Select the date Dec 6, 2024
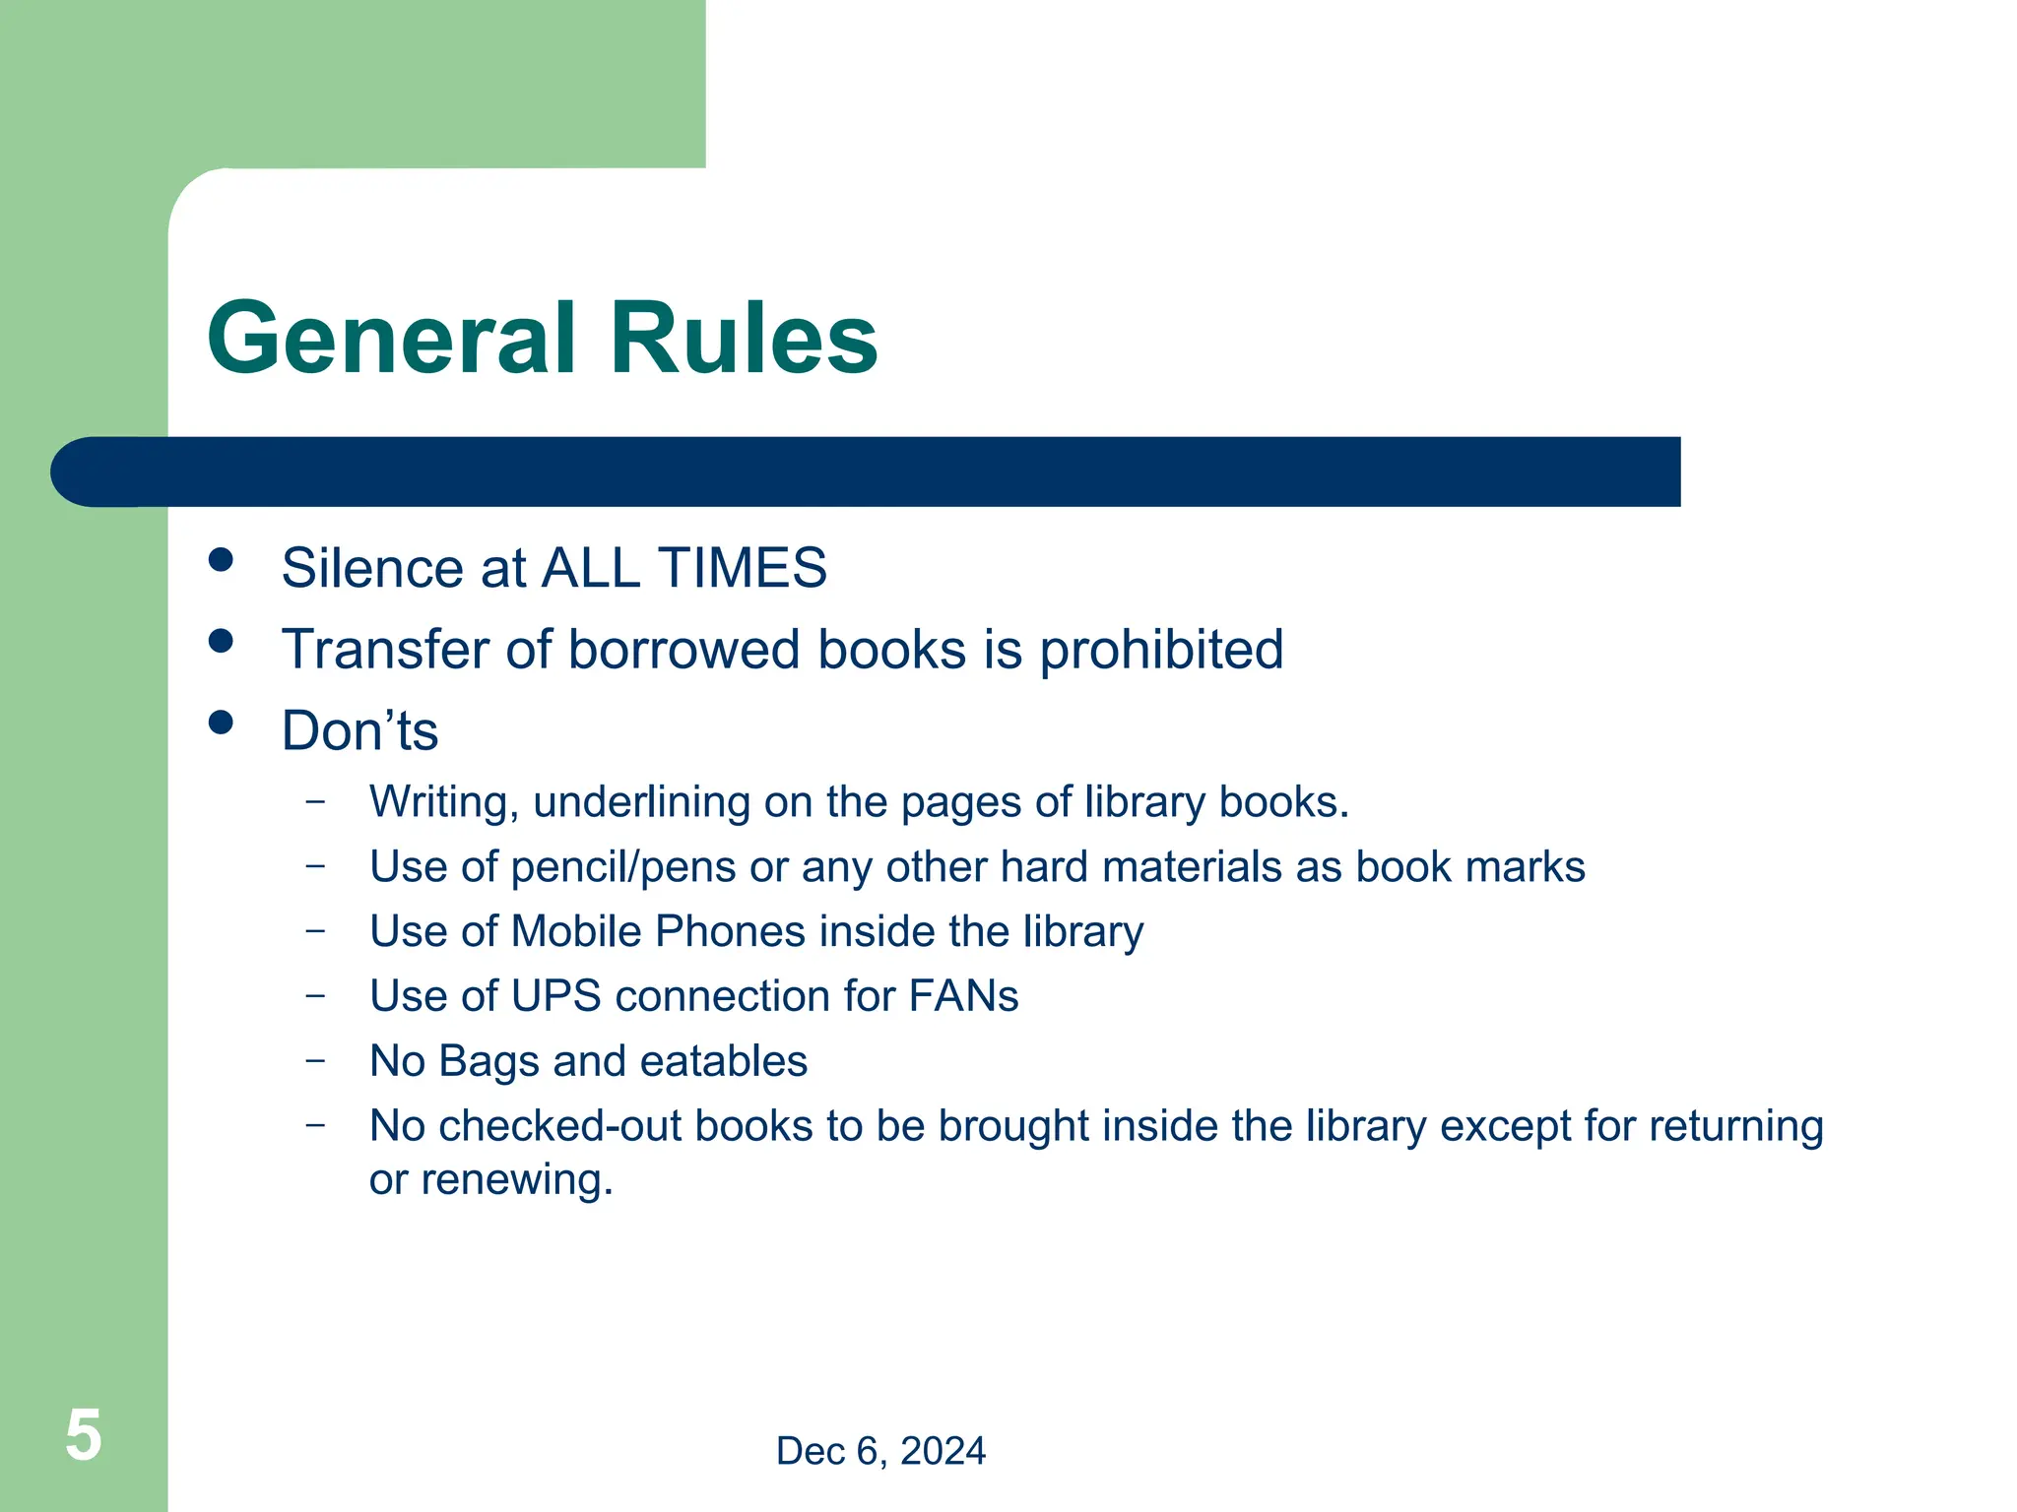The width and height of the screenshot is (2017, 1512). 880,1451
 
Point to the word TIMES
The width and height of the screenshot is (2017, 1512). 743,568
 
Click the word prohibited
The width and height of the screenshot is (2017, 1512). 1161,651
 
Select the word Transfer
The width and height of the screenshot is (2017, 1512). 385,651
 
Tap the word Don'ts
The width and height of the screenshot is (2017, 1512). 359,731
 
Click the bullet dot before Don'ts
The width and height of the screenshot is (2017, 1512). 222,724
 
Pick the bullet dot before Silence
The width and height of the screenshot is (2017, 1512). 222,560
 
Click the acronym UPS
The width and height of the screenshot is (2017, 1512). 555,996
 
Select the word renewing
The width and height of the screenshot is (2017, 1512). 516,1180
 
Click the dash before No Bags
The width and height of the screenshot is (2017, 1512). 315,1061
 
